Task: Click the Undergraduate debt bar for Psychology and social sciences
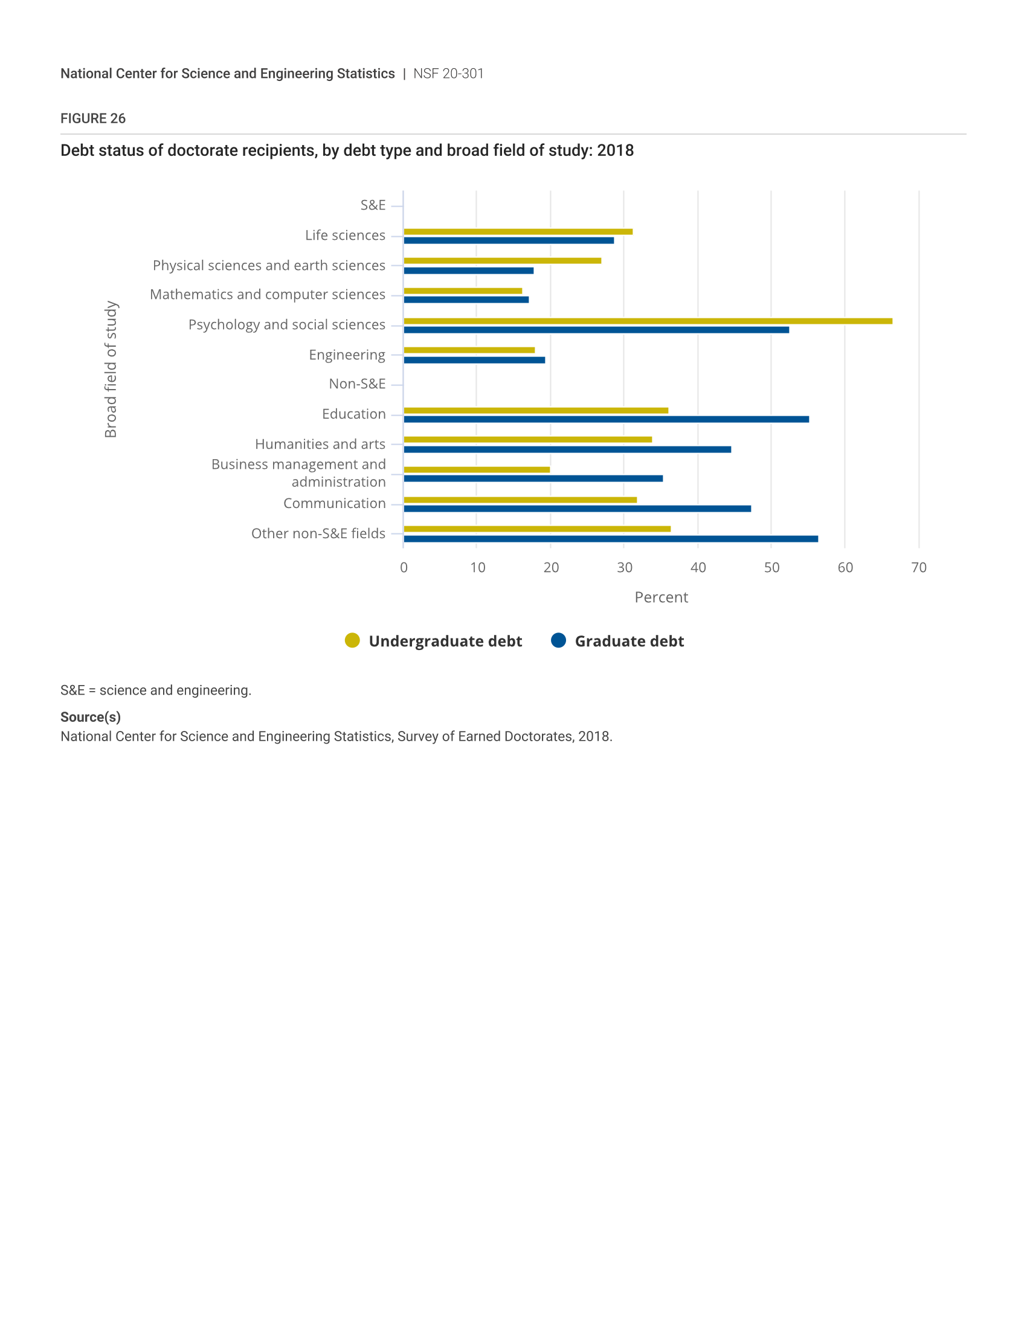(648, 321)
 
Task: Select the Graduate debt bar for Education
(606, 419)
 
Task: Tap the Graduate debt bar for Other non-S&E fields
(610, 538)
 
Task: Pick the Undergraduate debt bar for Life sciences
(518, 232)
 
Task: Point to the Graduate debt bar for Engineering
(474, 360)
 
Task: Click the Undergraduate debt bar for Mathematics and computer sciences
(462, 291)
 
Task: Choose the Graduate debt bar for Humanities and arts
(567, 449)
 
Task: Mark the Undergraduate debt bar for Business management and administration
(477, 470)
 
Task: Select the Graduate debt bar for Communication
(577, 509)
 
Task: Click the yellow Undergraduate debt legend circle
(352, 640)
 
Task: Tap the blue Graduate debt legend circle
(558, 640)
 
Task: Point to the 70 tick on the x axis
(919, 568)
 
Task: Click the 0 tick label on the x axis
(404, 568)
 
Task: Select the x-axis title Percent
(661, 597)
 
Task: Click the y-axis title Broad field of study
(111, 369)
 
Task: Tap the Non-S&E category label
(357, 384)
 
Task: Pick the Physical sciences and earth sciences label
(269, 266)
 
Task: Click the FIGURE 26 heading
(93, 118)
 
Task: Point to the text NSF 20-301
(448, 74)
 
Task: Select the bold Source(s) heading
(91, 717)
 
